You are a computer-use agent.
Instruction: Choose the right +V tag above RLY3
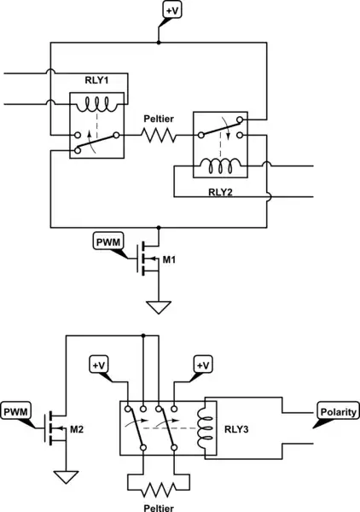[201, 366]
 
